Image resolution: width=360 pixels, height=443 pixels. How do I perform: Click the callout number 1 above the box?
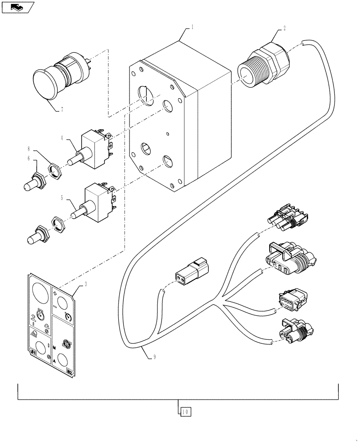point(192,27)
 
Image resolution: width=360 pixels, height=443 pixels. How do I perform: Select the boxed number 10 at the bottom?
point(185,412)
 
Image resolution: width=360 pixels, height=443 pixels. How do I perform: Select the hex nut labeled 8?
point(54,171)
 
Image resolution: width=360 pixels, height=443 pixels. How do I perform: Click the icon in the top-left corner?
point(17,7)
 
